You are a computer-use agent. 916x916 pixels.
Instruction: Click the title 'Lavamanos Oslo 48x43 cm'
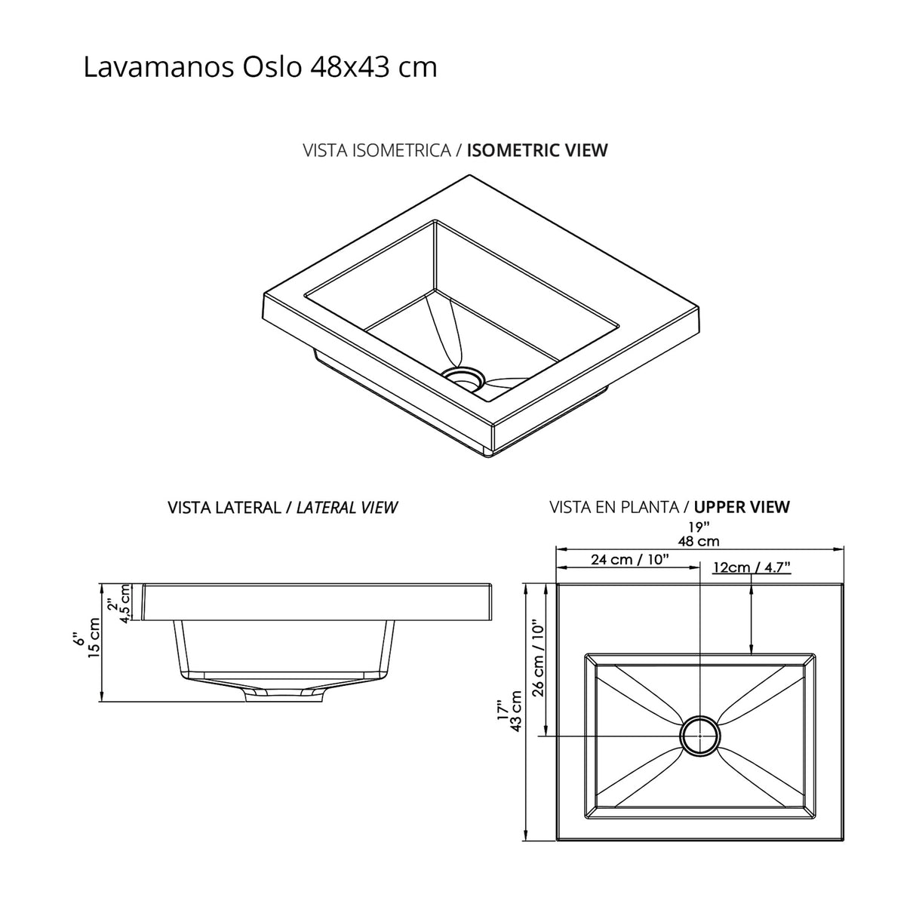tap(260, 67)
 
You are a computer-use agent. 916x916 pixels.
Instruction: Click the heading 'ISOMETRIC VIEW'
tap(537, 149)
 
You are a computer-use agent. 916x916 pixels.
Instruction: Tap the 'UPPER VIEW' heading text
tap(742, 507)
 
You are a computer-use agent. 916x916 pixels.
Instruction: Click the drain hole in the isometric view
tap(462, 377)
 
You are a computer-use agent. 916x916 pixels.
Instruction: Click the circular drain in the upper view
tap(700, 734)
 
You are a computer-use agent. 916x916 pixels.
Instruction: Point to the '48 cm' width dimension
tap(698, 541)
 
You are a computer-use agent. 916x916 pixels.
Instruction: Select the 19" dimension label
tap(699, 527)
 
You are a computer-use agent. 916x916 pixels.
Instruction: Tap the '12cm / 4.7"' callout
tap(752, 567)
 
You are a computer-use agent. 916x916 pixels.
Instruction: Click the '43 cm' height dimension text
tap(518, 711)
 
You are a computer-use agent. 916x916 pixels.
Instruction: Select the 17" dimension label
tap(503, 711)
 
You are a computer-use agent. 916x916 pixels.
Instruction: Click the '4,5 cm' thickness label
tap(125, 603)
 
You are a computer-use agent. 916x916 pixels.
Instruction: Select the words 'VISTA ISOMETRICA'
tap(377, 149)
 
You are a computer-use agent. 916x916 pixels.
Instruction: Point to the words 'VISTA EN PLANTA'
tap(614, 507)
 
